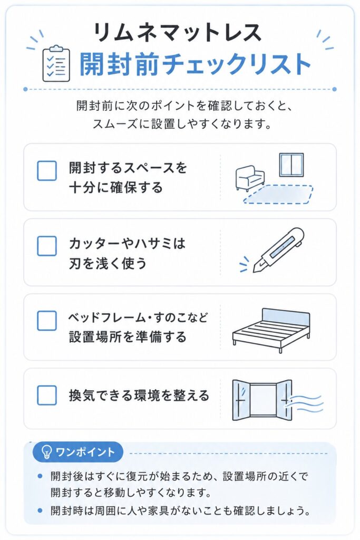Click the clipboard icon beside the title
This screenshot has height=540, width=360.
[56, 63]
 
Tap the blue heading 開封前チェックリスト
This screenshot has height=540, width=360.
[195, 64]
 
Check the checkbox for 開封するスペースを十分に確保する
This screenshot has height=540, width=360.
[47, 170]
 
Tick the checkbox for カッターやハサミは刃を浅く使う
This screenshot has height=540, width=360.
[47, 246]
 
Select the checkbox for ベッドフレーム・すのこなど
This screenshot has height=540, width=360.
[47, 321]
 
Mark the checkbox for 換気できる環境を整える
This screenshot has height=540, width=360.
[47, 395]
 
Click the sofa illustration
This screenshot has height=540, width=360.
[250, 178]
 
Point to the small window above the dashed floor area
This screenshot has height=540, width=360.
[291, 165]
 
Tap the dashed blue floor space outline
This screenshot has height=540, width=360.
[278, 194]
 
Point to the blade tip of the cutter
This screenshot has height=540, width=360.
[255, 272]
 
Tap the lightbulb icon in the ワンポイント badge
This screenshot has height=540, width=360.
[46, 451]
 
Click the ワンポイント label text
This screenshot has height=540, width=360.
[85, 451]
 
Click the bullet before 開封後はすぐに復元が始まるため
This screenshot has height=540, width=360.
[40, 476]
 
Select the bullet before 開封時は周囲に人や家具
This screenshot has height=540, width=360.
[40, 510]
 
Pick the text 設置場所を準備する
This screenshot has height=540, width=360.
[128, 336]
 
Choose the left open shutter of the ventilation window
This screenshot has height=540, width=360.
[241, 400]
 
